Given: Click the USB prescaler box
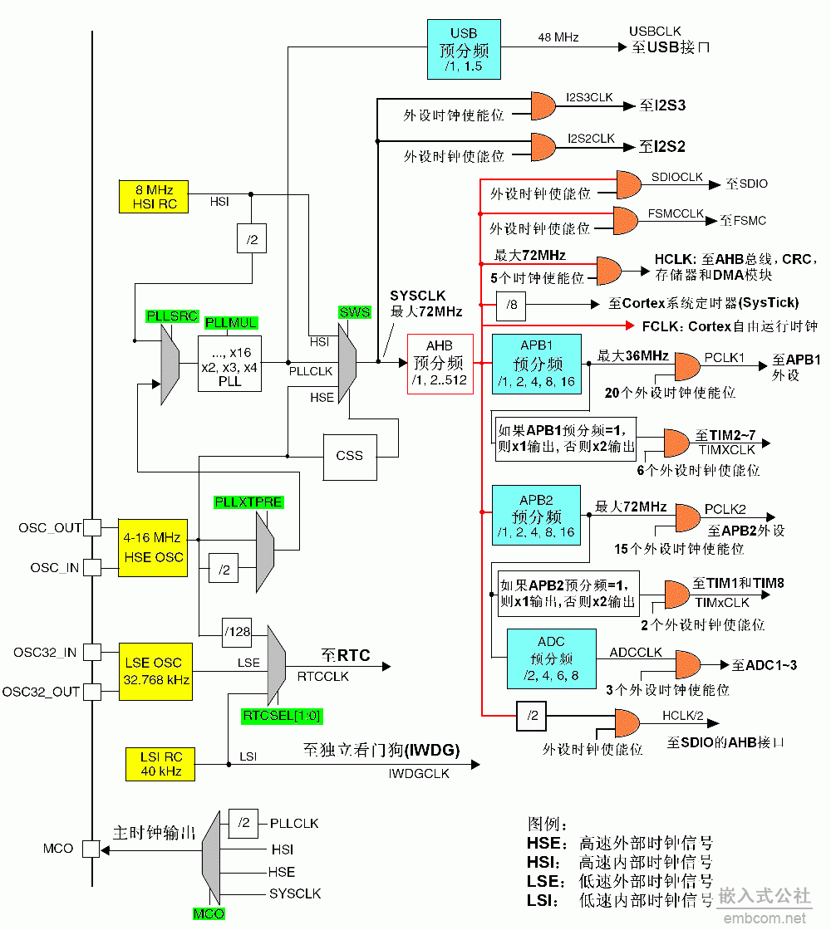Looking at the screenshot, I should click(x=464, y=49).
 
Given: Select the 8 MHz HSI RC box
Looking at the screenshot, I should click(x=153, y=196).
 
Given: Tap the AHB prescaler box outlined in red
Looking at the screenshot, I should click(x=440, y=364).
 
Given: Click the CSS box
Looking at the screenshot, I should click(x=349, y=456).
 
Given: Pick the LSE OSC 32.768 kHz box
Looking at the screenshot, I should click(x=155, y=671).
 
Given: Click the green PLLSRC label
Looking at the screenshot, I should click(x=172, y=316).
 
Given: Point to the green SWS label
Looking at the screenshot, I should click(x=354, y=312).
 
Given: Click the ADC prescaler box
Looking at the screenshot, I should click(x=551, y=658).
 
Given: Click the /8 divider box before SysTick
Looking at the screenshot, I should click(x=512, y=305).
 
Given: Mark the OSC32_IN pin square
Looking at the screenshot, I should click(x=92, y=652).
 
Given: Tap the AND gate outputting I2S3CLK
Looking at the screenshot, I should click(x=543, y=105).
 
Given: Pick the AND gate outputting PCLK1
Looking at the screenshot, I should click(x=686, y=365).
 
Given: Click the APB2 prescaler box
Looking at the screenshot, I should click(x=536, y=516).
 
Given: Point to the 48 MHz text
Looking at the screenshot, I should click(x=558, y=37).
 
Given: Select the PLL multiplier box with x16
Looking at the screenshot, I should click(x=229, y=363).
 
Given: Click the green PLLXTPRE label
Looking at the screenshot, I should click(x=248, y=502).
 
